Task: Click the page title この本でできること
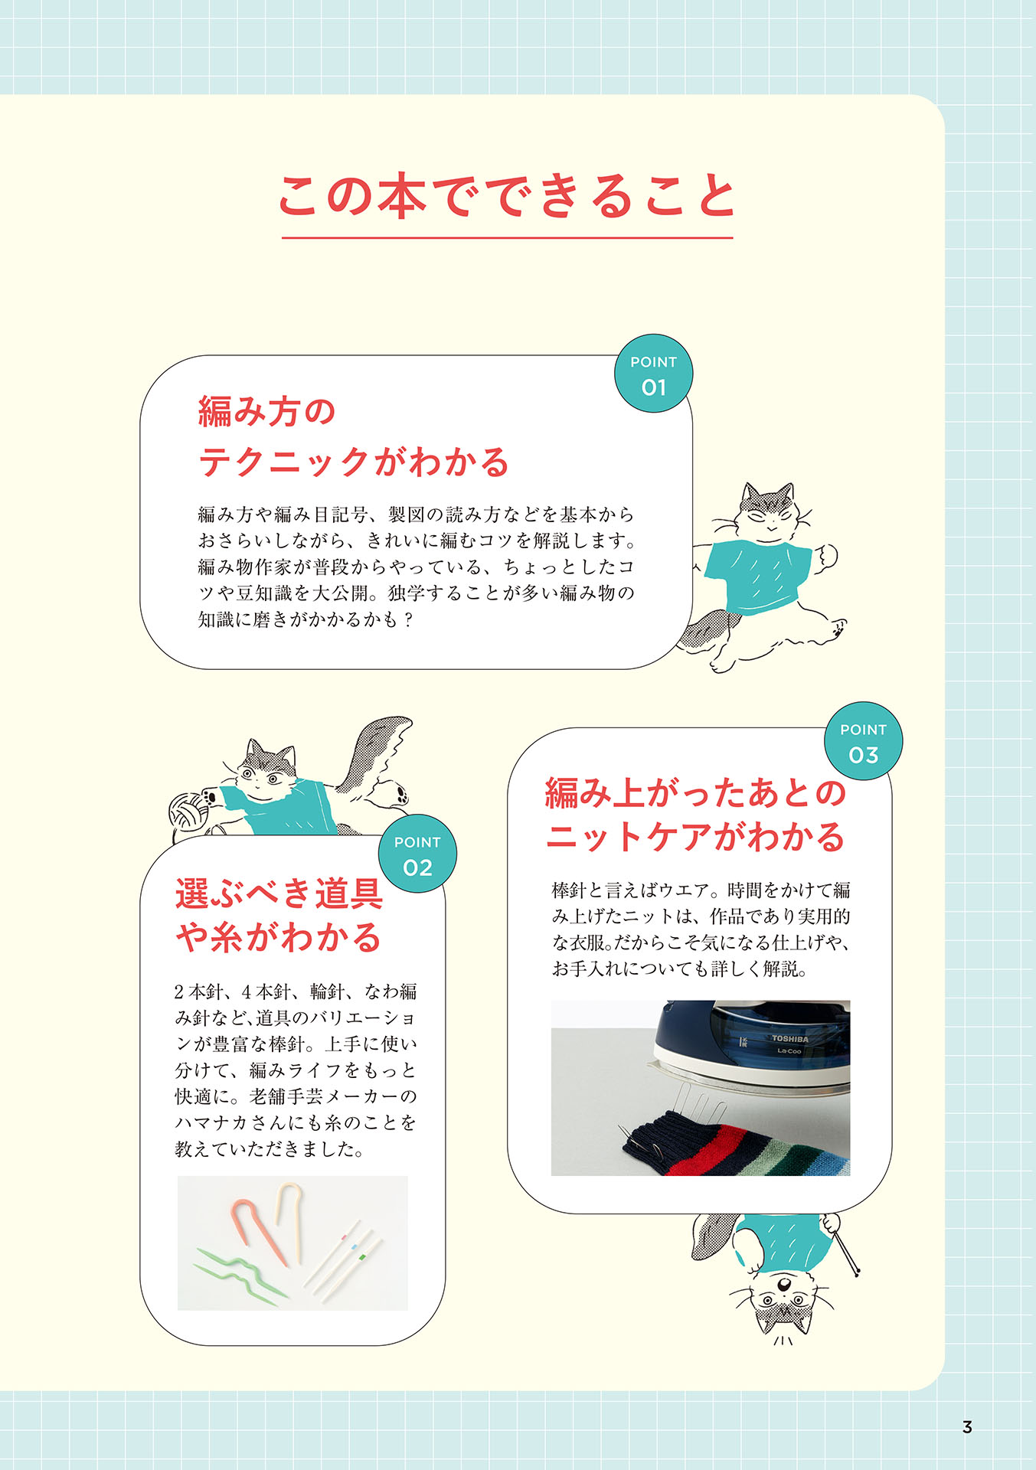[x=507, y=196]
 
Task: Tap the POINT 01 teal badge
[x=653, y=374]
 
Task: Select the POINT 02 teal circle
[x=417, y=854]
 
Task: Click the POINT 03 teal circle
[x=863, y=741]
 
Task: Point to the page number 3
[x=967, y=1427]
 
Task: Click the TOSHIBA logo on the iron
[x=789, y=1039]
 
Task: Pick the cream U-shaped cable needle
[x=289, y=1217]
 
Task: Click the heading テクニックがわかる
[x=354, y=462]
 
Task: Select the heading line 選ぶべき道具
[x=279, y=893]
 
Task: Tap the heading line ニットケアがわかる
[x=695, y=836]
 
